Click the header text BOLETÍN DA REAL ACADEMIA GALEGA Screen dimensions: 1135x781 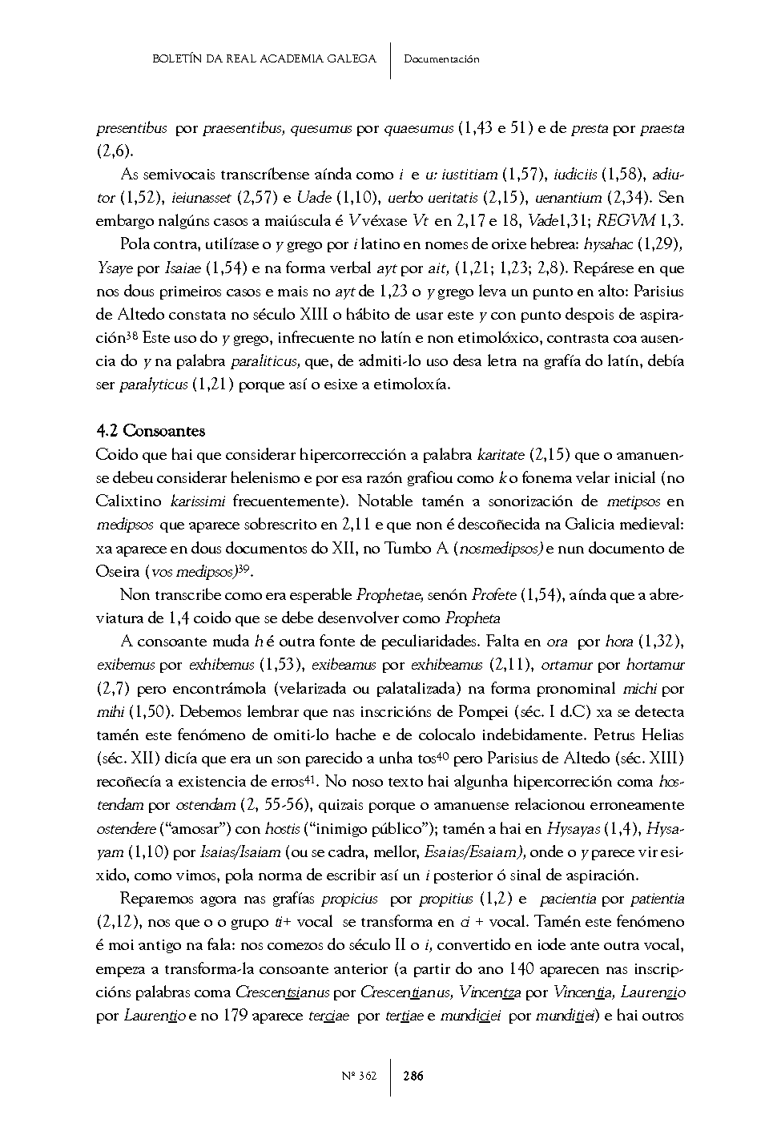coord(264,58)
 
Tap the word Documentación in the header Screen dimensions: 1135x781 coord(441,58)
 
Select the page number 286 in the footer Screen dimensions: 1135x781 coord(413,1076)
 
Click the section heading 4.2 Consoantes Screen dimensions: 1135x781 coord(150,431)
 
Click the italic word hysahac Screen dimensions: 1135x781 coord(614,244)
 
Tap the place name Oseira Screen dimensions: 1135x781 coord(117,572)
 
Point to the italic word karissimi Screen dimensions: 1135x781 coord(198,501)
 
